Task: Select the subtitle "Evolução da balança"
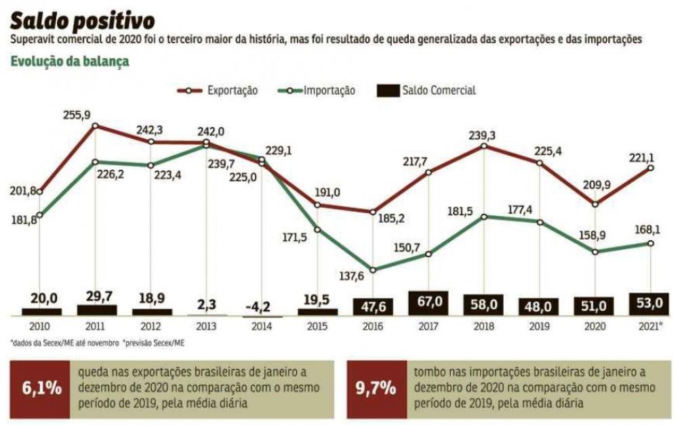tap(71, 62)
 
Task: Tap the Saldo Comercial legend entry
tap(427, 91)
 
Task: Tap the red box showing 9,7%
tap(375, 388)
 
